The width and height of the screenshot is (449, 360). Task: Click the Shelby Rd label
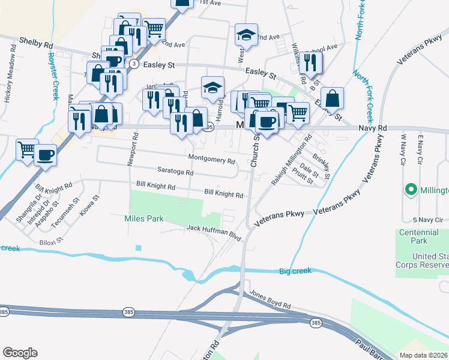click(36, 45)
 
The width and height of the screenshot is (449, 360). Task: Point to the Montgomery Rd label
click(211, 160)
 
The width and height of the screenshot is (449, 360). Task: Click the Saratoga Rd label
click(175, 172)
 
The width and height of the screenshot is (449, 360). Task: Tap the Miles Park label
click(144, 218)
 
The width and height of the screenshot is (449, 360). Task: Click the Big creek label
click(295, 271)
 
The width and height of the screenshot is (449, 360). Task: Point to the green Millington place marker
click(411, 190)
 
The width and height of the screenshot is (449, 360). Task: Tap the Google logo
click(20, 353)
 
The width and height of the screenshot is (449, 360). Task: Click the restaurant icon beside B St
click(310, 62)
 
